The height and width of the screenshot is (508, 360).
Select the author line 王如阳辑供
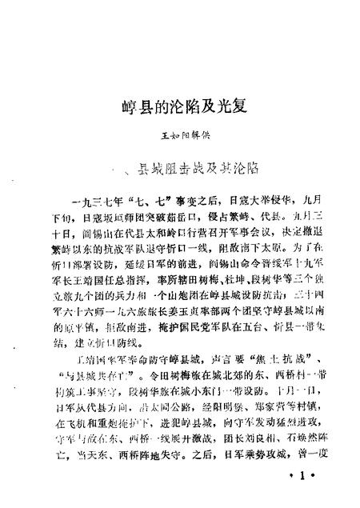click(x=182, y=139)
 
